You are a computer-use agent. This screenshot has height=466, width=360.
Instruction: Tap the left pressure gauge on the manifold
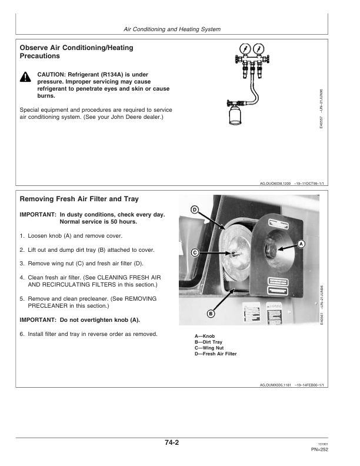point(244,49)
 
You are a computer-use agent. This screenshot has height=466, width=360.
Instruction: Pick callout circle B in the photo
point(211,314)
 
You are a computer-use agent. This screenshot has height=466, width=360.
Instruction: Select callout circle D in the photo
point(195,210)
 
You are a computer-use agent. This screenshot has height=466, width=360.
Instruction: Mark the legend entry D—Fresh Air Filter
point(216,354)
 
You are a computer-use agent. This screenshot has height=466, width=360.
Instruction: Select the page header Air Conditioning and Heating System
point(173,29)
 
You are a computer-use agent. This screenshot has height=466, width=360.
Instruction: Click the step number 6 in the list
point(22,335)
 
